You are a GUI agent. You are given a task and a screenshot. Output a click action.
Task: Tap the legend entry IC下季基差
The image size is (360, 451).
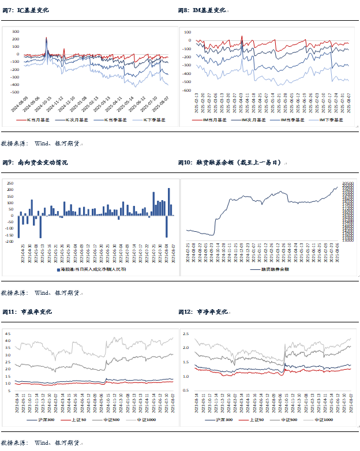pyautogui.click(x=147, y=119)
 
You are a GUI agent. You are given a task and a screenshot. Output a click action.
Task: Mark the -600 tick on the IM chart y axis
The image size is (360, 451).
pyautogui.click(x=186, y=91)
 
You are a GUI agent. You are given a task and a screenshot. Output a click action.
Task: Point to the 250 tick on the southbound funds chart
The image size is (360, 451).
pyautogui.click(x=10, y=182)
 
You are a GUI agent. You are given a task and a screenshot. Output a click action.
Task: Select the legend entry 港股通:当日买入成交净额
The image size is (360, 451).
pyautogui.click(x=92, y=269)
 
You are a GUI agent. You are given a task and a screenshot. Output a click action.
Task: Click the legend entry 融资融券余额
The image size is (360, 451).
pyautogui.click(x=270, y=269)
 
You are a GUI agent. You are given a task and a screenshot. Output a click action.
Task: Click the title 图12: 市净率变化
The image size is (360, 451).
pyautogui.click(x=204, y=312)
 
